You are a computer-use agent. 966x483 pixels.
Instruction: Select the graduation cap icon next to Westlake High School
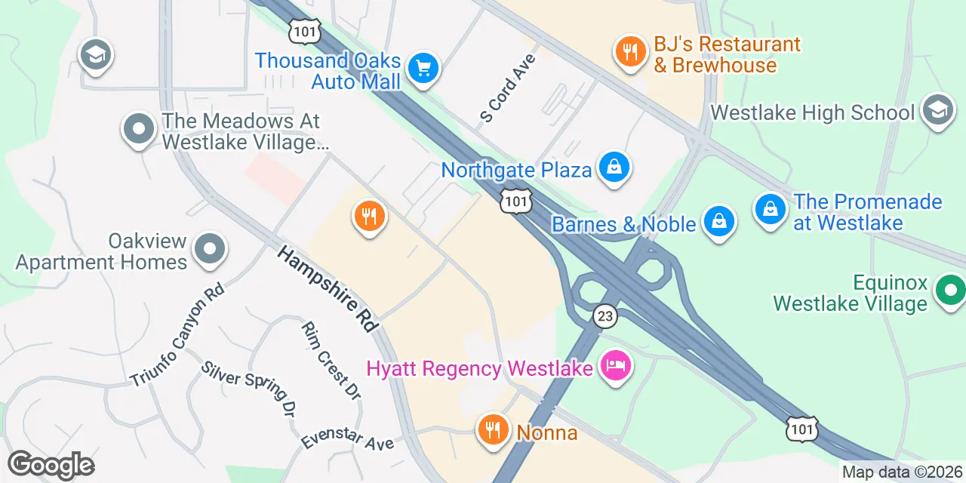938,112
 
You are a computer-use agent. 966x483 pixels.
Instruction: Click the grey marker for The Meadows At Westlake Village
138,130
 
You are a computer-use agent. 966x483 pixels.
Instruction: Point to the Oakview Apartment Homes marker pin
210,250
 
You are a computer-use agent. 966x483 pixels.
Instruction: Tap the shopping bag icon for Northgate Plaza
614,168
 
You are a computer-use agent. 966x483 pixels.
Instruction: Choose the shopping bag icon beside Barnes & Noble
719,223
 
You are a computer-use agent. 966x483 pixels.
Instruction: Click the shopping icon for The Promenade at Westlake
771,209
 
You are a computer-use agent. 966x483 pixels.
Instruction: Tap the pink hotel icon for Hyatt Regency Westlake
616,368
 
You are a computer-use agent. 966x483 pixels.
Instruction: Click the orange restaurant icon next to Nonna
493,431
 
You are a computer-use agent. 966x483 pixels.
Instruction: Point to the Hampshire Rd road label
327,288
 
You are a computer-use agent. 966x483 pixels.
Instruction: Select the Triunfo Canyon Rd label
177,334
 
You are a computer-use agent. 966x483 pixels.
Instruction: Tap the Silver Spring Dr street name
248,389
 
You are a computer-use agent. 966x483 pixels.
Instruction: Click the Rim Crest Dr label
331,360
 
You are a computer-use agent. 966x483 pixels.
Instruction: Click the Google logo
51,466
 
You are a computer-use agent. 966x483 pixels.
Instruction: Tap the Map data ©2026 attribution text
902,473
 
